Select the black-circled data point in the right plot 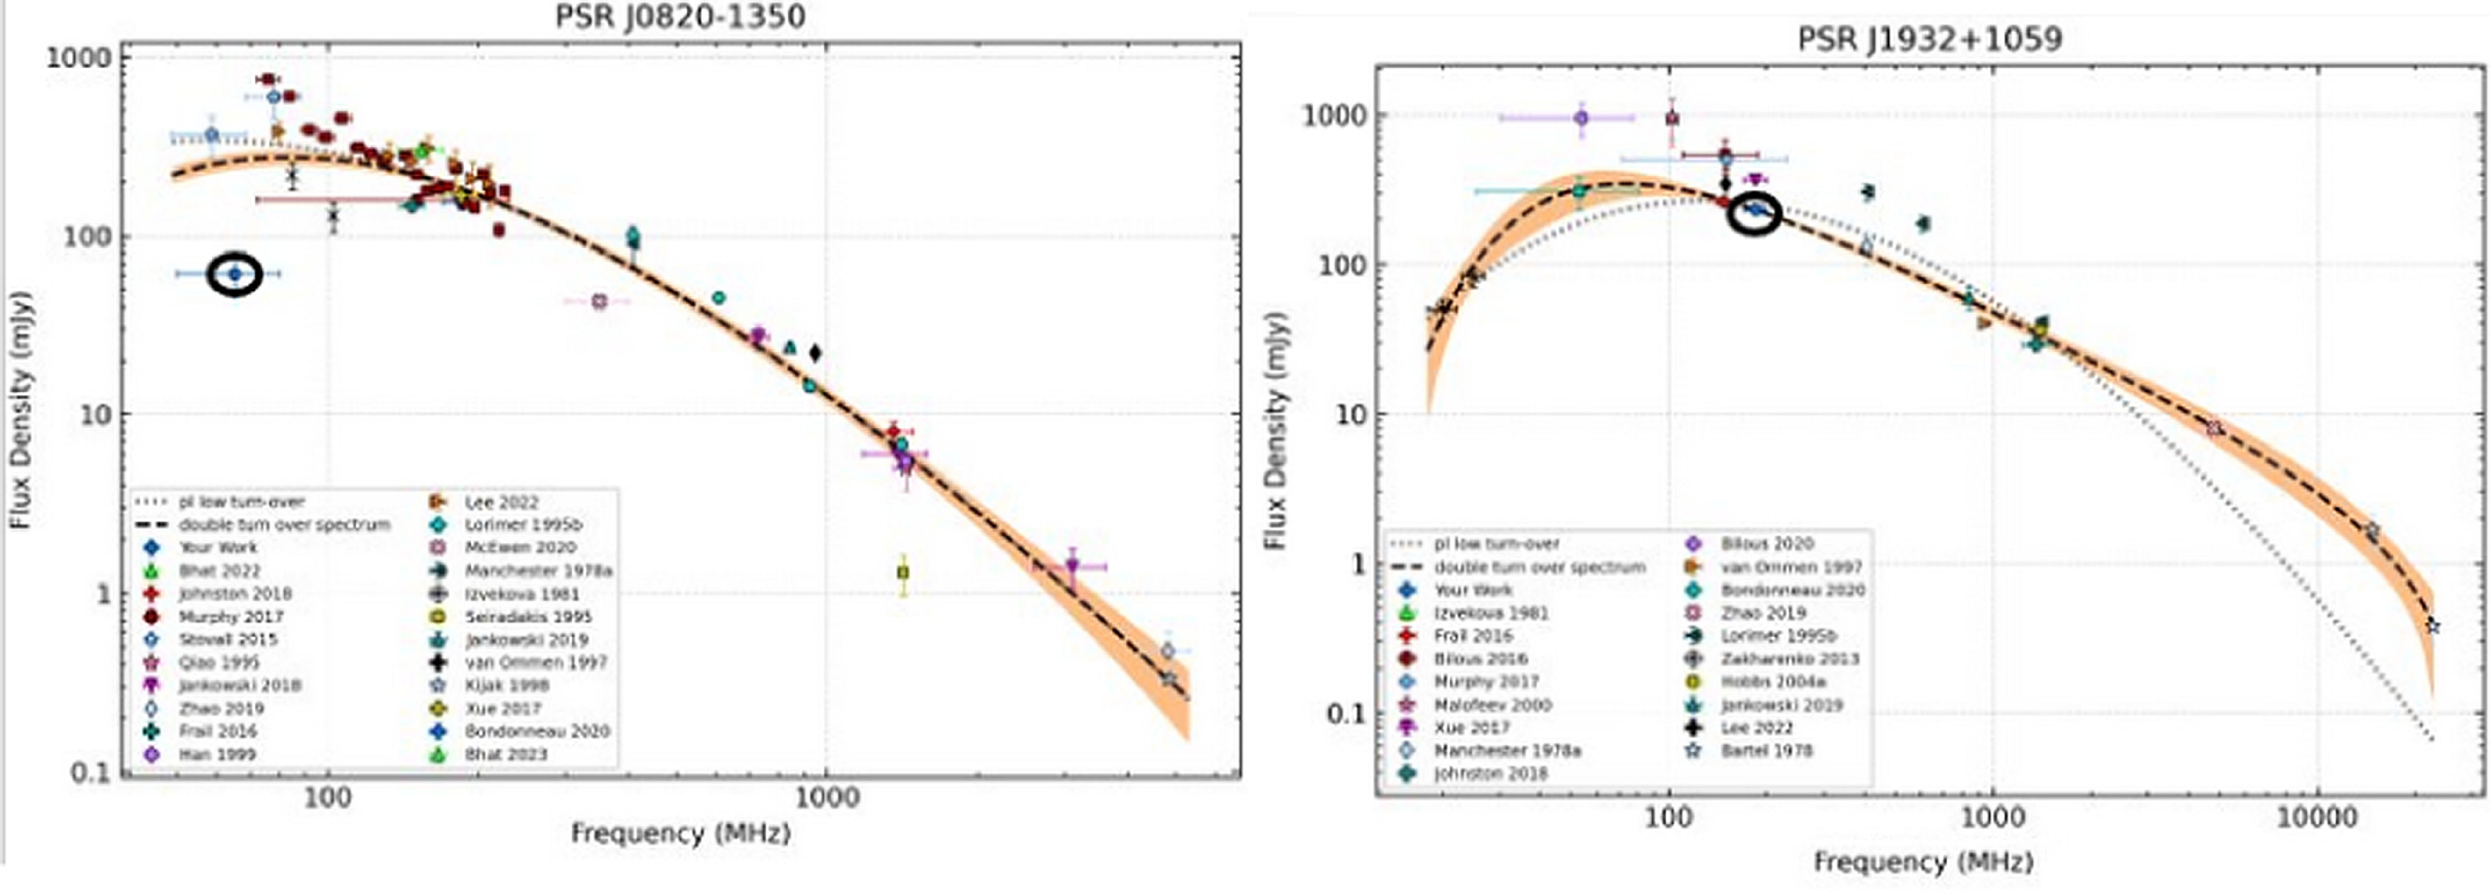click(1753, 211)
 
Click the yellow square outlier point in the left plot click(903, 572)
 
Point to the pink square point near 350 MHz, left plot click(599, 302)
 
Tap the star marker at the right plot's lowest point click(2432, 626)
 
